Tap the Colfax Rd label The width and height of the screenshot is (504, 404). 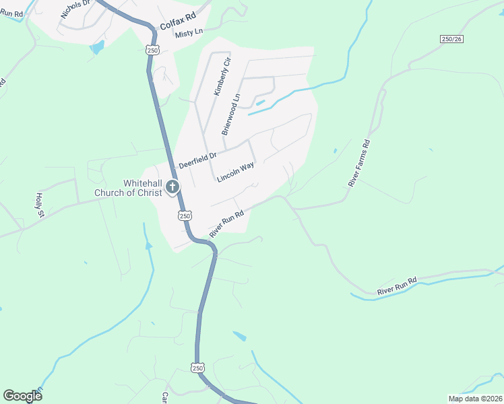[177, 22]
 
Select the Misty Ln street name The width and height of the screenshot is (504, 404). [188, 33]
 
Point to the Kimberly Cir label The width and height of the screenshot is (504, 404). [222, 78]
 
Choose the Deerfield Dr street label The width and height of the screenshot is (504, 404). [197, 160]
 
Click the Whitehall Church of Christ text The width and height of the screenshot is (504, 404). [142, 188]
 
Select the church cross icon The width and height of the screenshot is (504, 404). [172, 187]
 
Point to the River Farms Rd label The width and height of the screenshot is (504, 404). [359, 163]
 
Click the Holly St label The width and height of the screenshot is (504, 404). [39, 205]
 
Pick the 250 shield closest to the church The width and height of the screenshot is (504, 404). [185, 215]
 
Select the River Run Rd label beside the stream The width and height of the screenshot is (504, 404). [398, 285]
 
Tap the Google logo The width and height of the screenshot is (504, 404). [22, 396]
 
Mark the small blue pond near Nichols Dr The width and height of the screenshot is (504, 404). [98, 46]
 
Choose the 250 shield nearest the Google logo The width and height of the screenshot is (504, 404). [197, 368]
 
